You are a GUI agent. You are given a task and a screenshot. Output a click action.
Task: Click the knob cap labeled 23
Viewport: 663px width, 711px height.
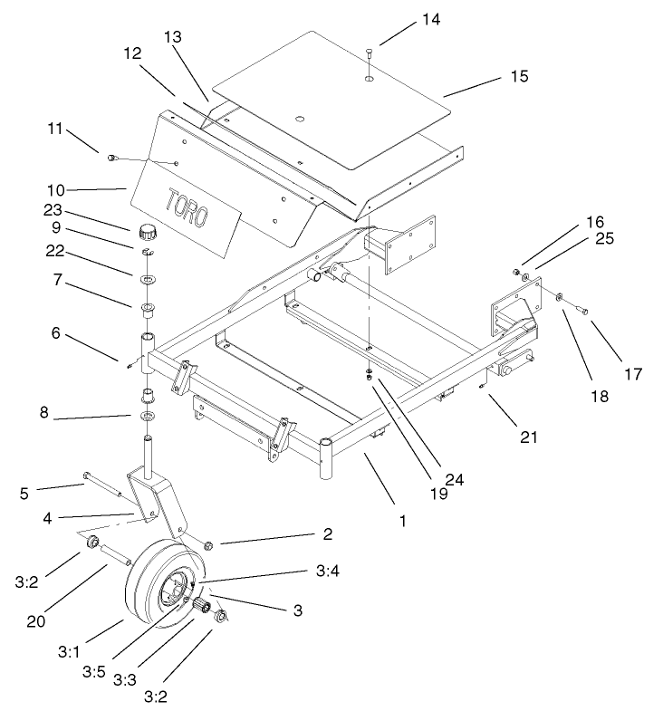point(147,228)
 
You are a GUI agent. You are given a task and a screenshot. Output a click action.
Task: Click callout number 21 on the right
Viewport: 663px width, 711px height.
point(528,436)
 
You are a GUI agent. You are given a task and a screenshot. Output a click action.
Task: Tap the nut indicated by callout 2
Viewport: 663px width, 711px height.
point(207,545)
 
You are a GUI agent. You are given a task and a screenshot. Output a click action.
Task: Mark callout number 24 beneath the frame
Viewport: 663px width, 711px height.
point(455,481)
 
